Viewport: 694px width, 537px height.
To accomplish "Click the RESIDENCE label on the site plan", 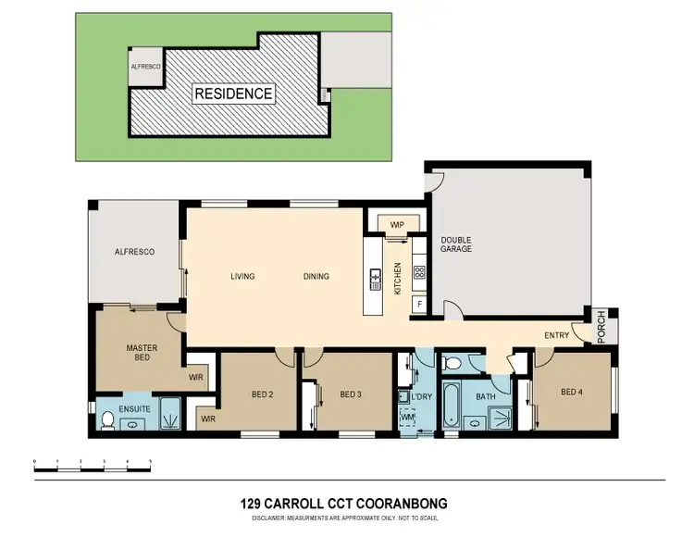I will (232, 94).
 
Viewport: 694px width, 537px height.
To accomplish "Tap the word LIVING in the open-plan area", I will (242, 276).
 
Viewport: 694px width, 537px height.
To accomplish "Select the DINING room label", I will (316, 276).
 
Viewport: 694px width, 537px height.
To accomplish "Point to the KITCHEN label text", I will (398, 278).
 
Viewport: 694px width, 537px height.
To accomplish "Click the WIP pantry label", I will (397, 224).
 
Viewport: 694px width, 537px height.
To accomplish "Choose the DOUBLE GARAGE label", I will (455, 244).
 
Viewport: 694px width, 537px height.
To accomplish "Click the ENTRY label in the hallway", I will (557, 335).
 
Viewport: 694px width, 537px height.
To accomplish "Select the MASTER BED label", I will (142, 353).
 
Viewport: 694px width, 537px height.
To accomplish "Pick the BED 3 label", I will (350, 394).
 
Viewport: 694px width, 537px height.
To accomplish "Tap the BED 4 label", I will (573, 393).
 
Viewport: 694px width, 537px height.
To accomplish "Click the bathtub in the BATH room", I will (452, 405).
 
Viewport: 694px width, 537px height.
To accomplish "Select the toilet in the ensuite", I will (106, 420).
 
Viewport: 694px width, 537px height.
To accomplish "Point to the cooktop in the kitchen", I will (419, 272).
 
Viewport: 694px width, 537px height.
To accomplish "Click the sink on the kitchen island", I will (376, 276).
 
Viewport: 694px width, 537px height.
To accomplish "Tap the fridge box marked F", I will (419, 304).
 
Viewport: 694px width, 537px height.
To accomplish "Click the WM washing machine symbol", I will (407, 418).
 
